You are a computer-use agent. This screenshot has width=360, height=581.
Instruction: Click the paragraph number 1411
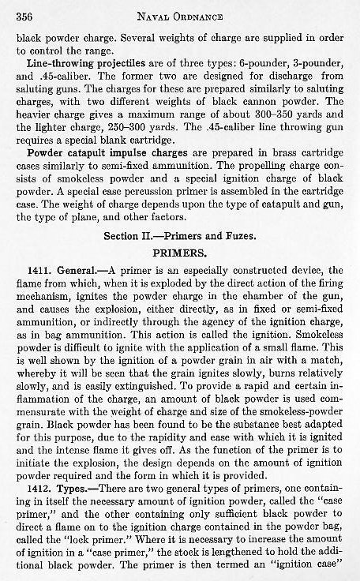pos(42,273)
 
